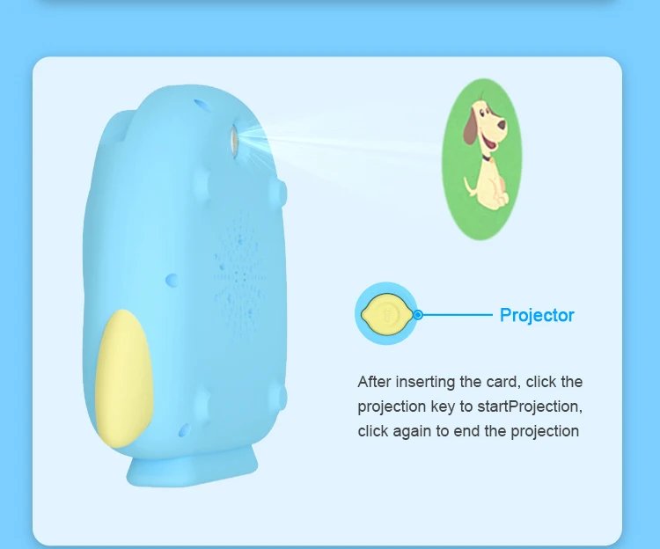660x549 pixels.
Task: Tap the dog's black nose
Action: (503, 124)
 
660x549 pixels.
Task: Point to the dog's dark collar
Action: (485, 159)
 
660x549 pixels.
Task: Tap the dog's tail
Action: (467, 185)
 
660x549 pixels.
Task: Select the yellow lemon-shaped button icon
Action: (385, 314)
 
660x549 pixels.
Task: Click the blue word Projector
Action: (537, 315)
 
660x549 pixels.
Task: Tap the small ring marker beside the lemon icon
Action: (419, 314)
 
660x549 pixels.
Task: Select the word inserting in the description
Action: (433, 382)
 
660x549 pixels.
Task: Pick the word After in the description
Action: (374, 382)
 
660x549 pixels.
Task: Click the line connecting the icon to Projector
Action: (458, 314)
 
